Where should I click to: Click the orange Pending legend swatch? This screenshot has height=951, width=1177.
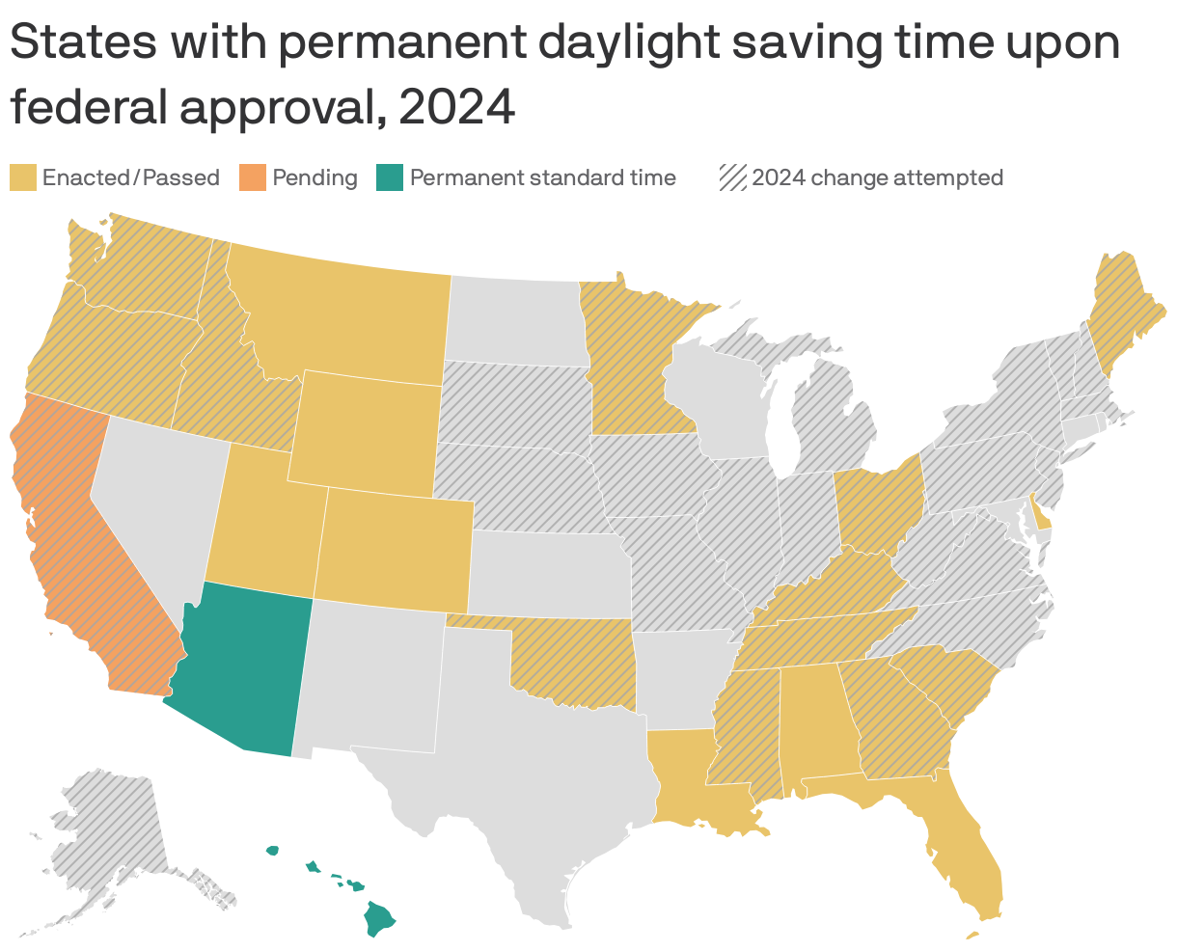(253, 177)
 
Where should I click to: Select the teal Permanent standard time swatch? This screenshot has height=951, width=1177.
(390, 177)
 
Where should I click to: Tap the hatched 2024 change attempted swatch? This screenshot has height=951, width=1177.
(733, 177)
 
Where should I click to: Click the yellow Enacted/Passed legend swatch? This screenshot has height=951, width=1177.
(23, 177)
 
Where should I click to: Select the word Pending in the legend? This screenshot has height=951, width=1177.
(315, 177)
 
